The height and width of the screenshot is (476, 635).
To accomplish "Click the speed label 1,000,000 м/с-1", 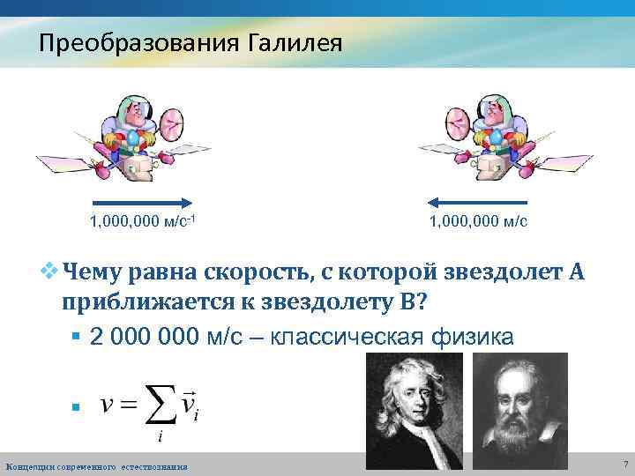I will coord(142,220).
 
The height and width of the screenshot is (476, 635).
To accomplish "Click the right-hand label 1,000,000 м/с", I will coord(479,220).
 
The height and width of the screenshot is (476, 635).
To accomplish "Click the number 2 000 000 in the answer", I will coord(146,336).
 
